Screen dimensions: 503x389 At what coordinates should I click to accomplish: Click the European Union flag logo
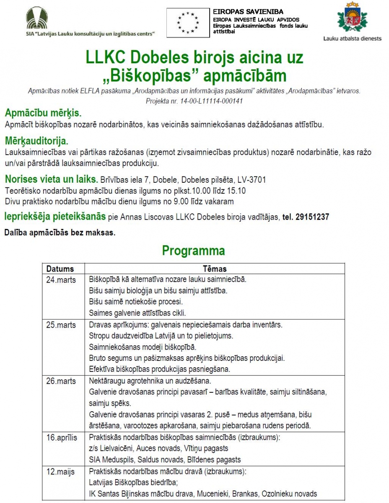pos(188,23)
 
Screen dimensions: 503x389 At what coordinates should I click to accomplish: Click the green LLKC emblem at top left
pos(37,18)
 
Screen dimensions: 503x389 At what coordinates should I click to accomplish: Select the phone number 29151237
pos(312,217)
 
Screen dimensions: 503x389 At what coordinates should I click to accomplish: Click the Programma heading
pos(193,251)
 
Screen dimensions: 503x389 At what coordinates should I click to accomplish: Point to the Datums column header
pos(60,269)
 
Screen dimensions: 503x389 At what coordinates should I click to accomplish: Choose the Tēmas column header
pos(215,269)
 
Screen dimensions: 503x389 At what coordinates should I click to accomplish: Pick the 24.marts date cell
pos(61,280)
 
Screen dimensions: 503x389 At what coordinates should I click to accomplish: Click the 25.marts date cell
pos(61,325)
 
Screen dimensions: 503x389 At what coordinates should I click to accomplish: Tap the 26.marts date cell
pos(61,381)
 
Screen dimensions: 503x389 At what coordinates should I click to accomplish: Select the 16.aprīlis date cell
pos(62,438)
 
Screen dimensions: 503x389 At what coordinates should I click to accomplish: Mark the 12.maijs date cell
pos(60,472)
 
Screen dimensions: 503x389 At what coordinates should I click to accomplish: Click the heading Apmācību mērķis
pos(43,113)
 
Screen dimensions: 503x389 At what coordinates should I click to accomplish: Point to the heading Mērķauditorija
pos(36,140)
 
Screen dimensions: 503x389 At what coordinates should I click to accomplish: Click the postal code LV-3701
pos(252,180)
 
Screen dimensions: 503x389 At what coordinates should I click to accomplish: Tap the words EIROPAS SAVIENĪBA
pos(248,12)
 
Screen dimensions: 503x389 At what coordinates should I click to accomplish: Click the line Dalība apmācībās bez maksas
pos(60,232)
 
